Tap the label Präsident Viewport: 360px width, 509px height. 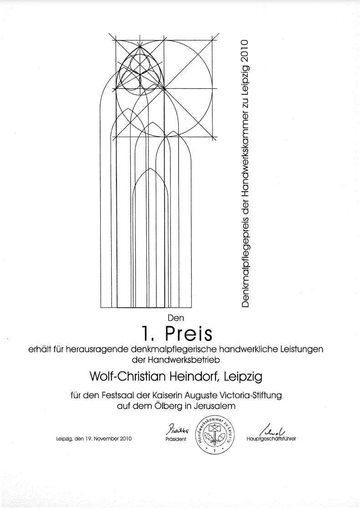[175, 440]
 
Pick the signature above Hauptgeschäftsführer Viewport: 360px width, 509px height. [273, 428]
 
